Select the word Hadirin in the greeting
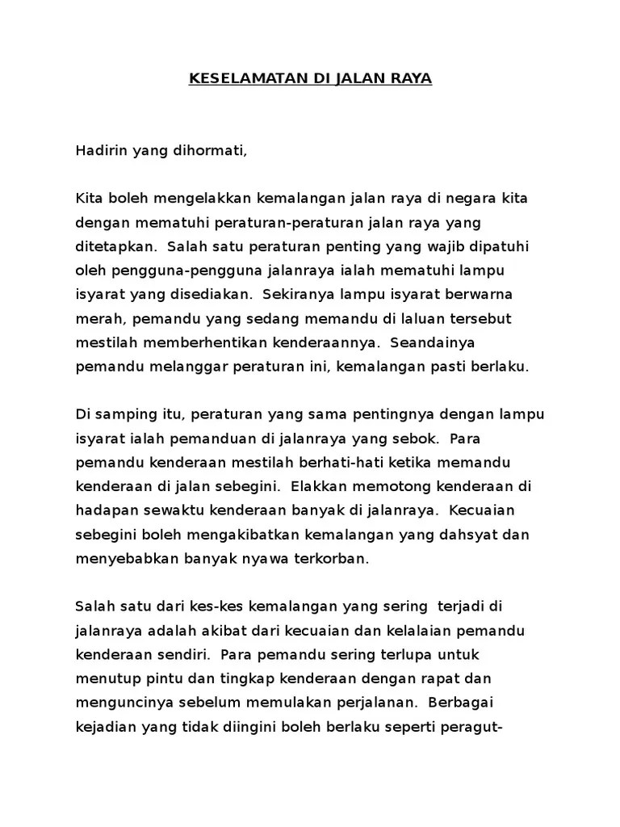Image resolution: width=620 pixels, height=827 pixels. (99, 150)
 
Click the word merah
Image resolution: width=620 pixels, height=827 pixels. (95, 318)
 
